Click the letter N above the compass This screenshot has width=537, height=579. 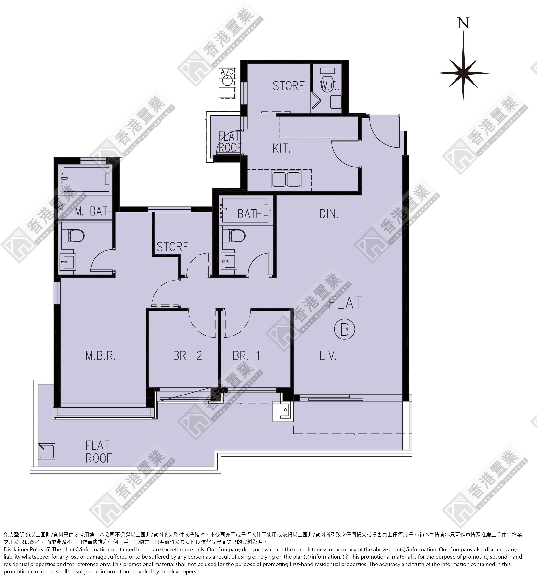(463, 23)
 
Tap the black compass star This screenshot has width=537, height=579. (463, 73)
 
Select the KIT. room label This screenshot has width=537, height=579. (281, 149)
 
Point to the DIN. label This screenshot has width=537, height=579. (329, 214)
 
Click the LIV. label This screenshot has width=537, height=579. (328, 355)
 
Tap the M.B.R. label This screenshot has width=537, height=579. (101, 356)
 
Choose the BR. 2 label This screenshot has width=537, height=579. (188, 356)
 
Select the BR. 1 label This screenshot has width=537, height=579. (246, 356)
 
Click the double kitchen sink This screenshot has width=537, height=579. (286, 179)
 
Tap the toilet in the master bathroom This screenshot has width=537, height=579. (73, 235)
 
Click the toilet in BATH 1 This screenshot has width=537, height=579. (234, 235)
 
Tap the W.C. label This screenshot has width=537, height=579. (330, 86)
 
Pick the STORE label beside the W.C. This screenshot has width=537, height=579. (289, 86)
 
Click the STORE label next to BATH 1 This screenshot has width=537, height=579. (173, 247)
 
